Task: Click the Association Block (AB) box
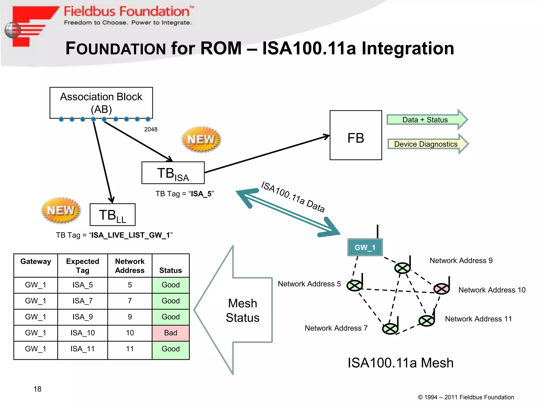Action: click(x=101, y=103)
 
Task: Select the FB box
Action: click(x=356, y=135)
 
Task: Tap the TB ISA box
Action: click(x=173, y=173)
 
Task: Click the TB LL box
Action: click(x=113, y=215)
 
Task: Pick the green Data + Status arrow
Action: click(x=425, y=120)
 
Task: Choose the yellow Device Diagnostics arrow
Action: click(x=426, y=144)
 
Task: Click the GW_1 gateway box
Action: click(x=365, y=247)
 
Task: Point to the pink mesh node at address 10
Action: click(x=441, y=289)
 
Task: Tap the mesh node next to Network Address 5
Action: click(x=355, y=285)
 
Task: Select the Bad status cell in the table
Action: click(x=171, y=333)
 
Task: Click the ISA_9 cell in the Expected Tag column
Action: click(x=83, y=317)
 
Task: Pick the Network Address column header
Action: click(x=130, y=266)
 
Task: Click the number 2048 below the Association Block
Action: click(x=151, y=129)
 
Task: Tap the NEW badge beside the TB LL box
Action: click(x=61, y=210)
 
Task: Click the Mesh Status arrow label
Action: click(x=242, y=310)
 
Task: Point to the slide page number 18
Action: click(x=38, y=389)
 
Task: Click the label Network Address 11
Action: click(x=478, y=319)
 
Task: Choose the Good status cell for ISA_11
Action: click(x=171, y=349)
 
